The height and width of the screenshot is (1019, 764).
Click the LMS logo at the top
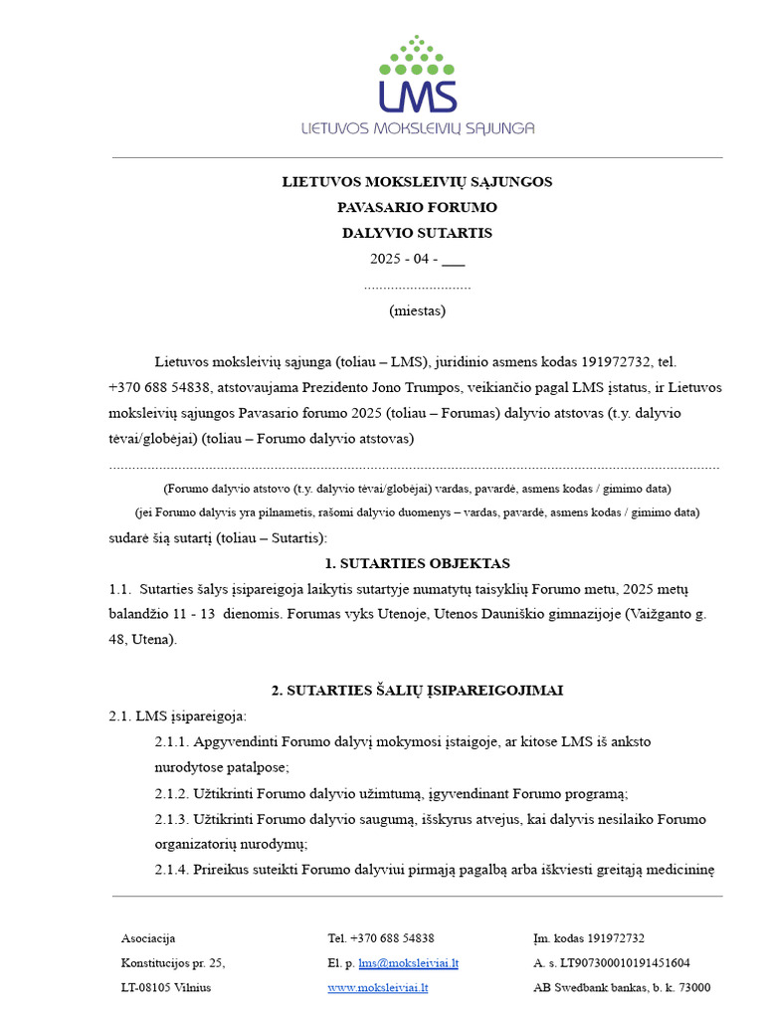[x=418, y=85]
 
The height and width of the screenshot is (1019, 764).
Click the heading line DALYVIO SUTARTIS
[x=417, y=234]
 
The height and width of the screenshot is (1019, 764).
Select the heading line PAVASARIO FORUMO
[x=417, y=208]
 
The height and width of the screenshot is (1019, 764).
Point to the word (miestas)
[x=417, y=310]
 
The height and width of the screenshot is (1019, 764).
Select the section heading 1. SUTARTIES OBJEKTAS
[x=417, y=563]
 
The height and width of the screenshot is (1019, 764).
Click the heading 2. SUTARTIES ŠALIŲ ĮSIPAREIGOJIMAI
[x=417, y=691]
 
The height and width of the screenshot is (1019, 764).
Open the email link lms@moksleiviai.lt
[x=409, y=963]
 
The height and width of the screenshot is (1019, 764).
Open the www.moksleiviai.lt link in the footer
[x=378, y=988]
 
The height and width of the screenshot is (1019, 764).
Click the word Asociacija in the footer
[x=148, y=938]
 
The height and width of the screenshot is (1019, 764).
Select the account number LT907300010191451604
[x=624, y=963]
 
